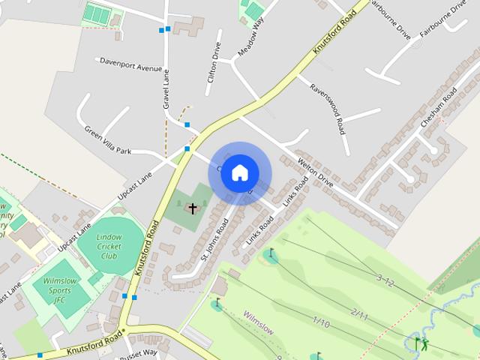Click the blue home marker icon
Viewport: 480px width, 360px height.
pyautogui.click(x=239, y=172)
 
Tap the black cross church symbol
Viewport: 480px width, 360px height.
pyautogui.click(x=192, y=208)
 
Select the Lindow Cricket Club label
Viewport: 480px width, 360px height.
pyautogui.click(x=109, y=246)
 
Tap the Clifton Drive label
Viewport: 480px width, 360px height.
pyautogui.click(x=214, y=65)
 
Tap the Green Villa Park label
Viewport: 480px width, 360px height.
pyautogui.click(x=107, y=139)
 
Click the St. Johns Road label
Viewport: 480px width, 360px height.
pyautogui.click(x=214, y=239)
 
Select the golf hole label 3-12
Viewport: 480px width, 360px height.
pyautogui.click(x=384, y=281)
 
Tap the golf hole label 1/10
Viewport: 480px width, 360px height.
pyautogui.click(x=321, y=322)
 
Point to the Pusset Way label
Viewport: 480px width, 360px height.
pyautogui.click(x=140, y=352)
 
